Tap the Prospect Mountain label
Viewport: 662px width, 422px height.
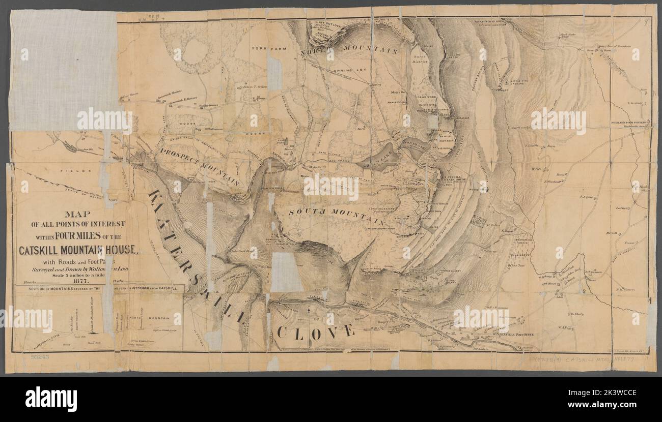[199, 166]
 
